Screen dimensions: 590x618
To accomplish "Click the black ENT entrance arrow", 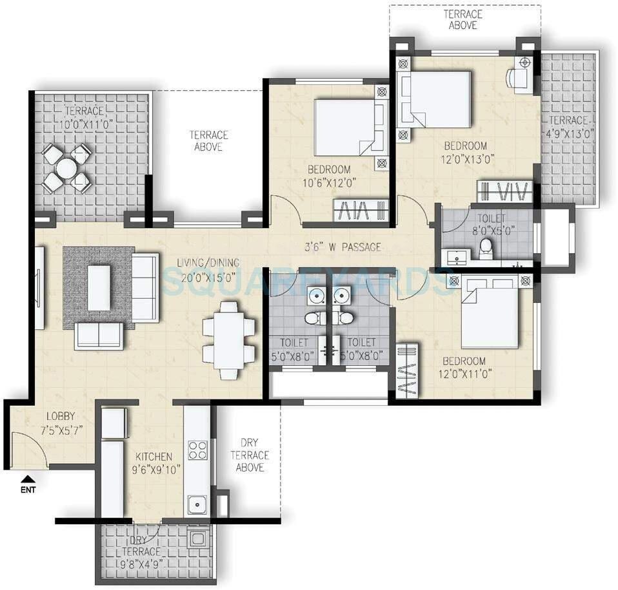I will click(x=28, y=478).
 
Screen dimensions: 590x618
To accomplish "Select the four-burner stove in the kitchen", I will click(x=197, y=449).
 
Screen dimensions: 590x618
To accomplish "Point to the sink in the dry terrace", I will click(x=197, y=537).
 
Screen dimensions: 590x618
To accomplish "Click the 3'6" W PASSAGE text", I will click(x=343, y=247).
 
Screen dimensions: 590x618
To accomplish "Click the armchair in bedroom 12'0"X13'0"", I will click(x=521, y=75).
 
